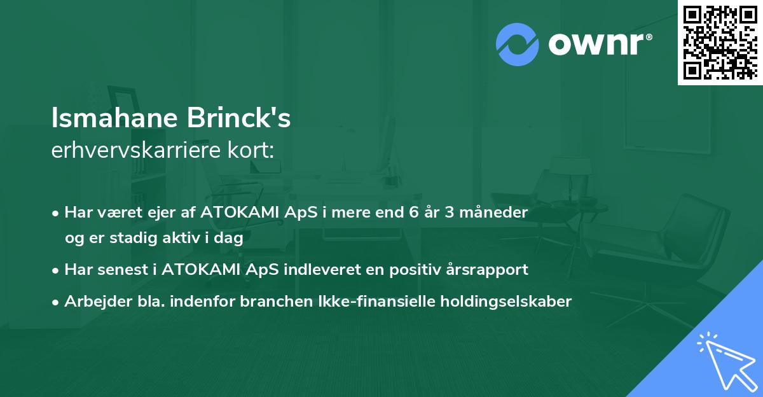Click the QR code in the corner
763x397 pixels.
tap(720, 42)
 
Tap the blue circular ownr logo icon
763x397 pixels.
tap(517, 45)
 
